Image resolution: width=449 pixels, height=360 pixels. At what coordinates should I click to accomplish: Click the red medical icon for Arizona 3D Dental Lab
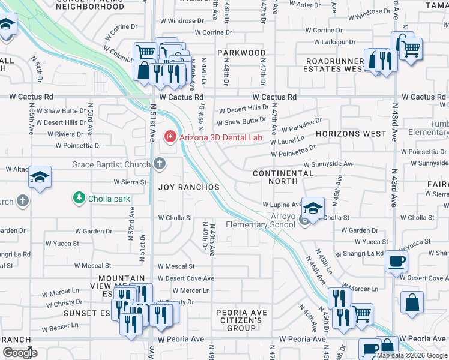(170, 137)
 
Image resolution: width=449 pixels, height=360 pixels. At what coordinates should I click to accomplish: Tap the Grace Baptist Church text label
(112, 164)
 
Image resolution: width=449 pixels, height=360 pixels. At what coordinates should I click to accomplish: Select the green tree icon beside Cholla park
(78, 197)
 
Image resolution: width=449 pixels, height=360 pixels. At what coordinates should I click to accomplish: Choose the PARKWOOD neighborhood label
(241, 53)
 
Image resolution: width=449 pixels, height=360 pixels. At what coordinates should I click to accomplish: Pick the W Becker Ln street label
(61, 329)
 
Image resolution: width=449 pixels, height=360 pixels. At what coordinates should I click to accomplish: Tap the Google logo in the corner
(20, 353)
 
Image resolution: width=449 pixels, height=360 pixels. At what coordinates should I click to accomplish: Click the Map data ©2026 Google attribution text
(412, 355)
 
